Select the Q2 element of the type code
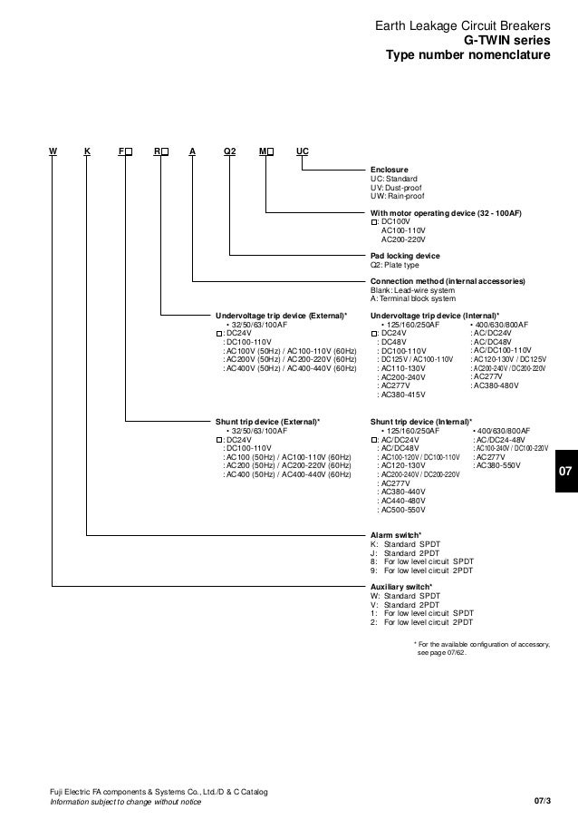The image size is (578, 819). point(229,151)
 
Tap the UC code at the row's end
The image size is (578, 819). point(303,151)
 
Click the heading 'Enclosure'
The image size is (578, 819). point(390,170)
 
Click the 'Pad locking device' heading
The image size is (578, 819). point(407,257)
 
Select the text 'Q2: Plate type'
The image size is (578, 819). point(395,266)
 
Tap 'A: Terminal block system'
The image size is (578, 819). point(413,298)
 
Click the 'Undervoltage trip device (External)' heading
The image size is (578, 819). point(280,314)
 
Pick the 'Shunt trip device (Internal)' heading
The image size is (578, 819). point(421,422)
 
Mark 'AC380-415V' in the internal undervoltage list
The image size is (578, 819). point(404,394)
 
